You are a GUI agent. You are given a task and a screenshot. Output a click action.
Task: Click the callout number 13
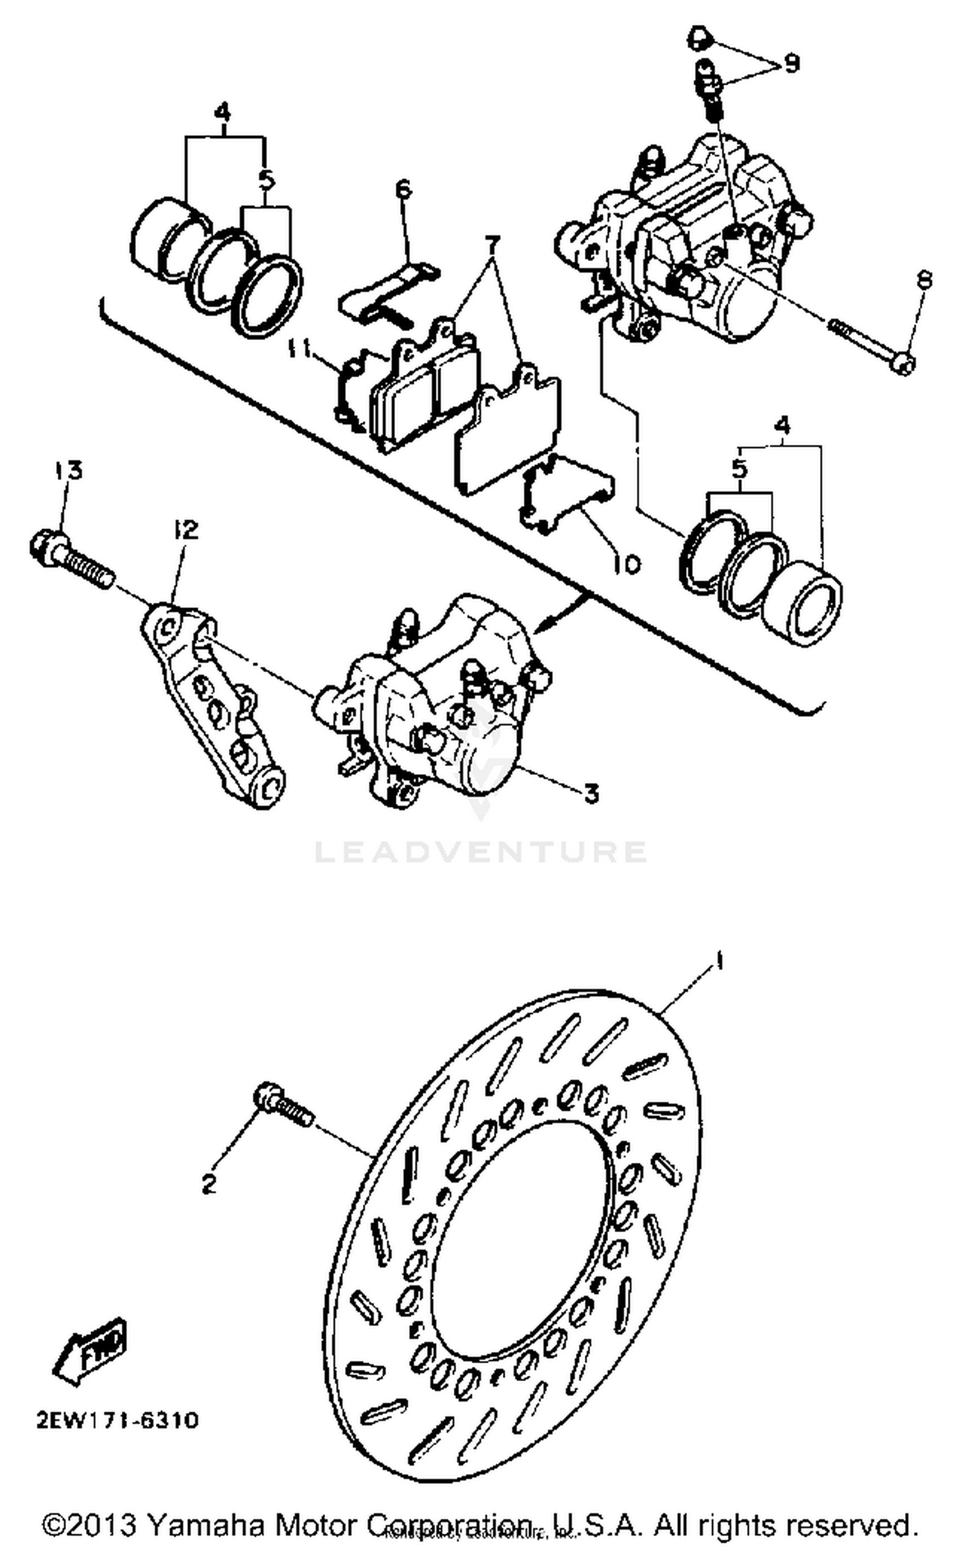coord(69,470)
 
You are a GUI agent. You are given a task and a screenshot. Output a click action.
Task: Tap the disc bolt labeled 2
coord(283,1105)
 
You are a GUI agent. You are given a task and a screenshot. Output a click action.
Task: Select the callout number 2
coord(208,1185)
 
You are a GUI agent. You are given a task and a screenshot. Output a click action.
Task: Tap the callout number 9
coord(791,63)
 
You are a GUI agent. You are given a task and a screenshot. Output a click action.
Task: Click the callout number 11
coord(299,350)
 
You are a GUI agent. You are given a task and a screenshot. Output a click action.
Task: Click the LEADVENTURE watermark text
coord(480,852)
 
